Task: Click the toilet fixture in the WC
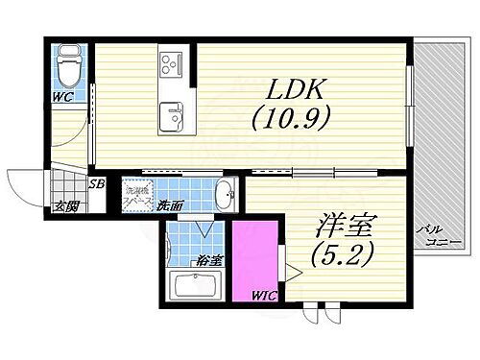67,66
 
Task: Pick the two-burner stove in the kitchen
170,64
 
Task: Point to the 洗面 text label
172,204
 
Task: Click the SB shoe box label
97,184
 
